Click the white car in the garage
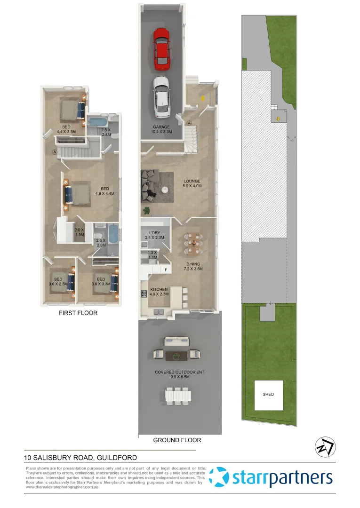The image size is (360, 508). pyautogui.click(x=161, y=97)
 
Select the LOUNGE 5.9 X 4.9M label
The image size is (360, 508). pyautogui.click(x=192, y=183)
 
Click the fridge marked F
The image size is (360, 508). pyautogui.click(x=166, y=270)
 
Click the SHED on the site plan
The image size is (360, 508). pyautogui.click(x=268, y=394)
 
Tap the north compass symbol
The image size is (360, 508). pyautogui.click(x=325, y=446)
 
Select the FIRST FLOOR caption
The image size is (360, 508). pyautogui.click(x=78, y=313)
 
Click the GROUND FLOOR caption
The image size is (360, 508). pyautogui.click(x=177, y=440)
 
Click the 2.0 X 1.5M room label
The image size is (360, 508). pyautogui.click(x=79, y=232)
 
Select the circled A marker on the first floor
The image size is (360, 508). pyautogui.click(x=55, y=152)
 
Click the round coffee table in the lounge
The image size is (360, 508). pyautogui.click(x=166, y=189)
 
